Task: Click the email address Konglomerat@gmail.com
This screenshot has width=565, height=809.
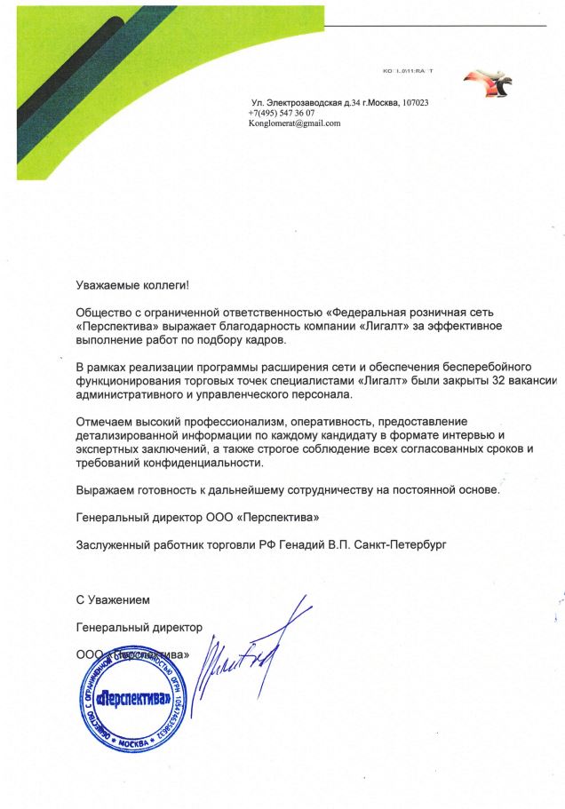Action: point(294,124)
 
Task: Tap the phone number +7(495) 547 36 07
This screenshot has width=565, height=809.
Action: point(282,114)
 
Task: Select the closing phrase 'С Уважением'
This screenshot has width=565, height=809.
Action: point(113,601)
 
